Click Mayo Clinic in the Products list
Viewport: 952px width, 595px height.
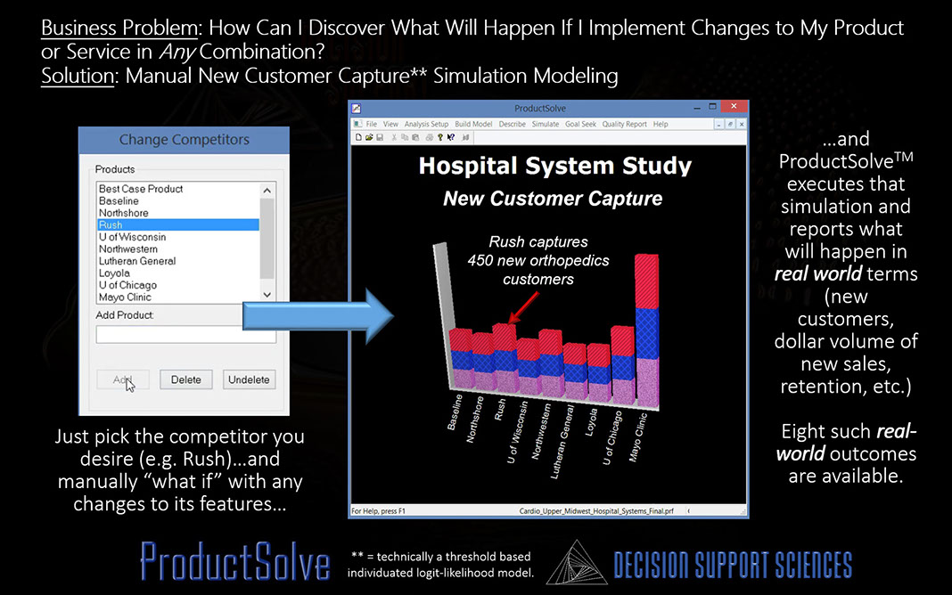(125, 297)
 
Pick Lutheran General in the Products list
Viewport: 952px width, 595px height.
(137, 261)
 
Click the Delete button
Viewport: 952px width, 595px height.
(185, 379)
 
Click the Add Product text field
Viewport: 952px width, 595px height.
(185, 334)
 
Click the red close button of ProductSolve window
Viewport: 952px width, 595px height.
(734, 107)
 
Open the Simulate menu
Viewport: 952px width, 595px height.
(546, 124)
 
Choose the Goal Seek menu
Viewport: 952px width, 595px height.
(580, 124)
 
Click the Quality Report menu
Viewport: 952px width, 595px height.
(624, 124)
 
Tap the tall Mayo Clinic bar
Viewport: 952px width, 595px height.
(646, 330)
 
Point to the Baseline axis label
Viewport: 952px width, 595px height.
(455, 412)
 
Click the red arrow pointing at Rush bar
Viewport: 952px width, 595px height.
(523, 307)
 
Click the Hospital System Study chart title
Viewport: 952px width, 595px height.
(555, 166)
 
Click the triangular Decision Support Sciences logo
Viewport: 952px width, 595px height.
(577, 564)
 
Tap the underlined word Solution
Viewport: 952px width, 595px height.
(78, 76)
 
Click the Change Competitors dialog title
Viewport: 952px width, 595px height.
(184, 140)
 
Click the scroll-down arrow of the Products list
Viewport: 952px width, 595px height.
(267, 295)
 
